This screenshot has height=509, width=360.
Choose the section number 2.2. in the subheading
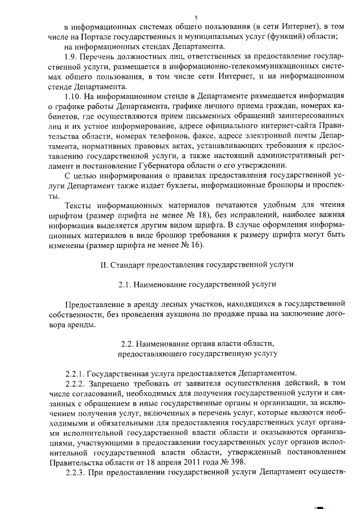tap(130, 343)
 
